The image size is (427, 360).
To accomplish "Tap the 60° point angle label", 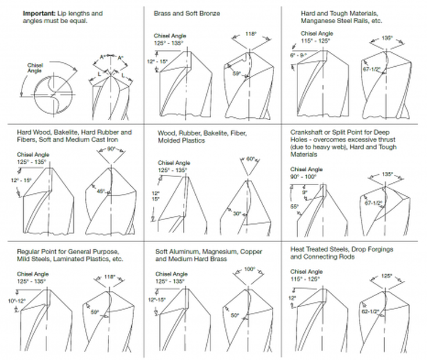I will pos(250,158).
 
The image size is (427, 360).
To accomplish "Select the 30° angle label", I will pos(236,214).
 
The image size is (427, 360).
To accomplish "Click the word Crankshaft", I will pos(306,132).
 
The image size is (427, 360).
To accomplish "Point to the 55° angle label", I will pos(293,206).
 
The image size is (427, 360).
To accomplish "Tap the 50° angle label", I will pos(235,315).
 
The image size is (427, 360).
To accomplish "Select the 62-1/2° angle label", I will pos(370,311).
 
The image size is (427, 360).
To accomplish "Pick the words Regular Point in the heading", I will pos(36,251).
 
